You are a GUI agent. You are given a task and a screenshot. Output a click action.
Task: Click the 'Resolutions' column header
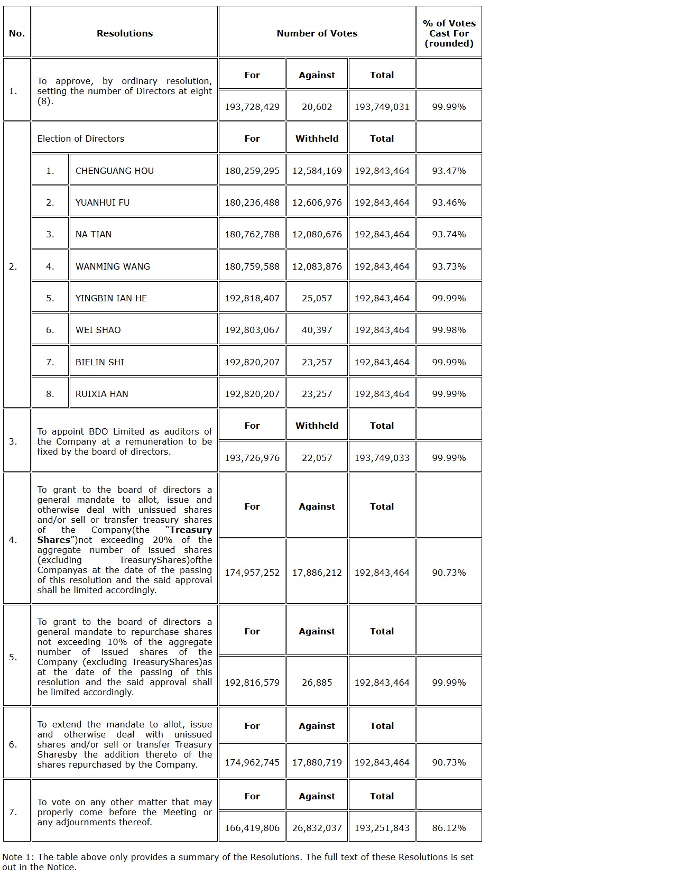tap(124, 33)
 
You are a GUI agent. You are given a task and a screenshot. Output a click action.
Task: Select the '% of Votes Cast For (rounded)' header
tap(449, 33)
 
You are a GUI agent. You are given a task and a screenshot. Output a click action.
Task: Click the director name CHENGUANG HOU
tap(114, 171)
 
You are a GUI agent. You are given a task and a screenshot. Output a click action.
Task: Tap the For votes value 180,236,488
tap(252, 202)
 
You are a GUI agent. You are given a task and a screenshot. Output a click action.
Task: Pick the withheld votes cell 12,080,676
tap(317, 234)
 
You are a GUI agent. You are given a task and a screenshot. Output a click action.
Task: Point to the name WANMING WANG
tap(113, 266)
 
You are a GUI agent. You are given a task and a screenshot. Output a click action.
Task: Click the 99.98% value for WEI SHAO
tap(449, 330)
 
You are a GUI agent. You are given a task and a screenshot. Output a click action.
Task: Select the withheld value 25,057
tap(317, 298)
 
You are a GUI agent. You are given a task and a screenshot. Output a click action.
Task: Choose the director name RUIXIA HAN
tap(101, 394)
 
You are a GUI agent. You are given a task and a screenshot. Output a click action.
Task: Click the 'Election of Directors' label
tap(80, 139)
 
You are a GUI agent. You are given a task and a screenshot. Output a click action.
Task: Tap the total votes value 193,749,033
tap(382, 458)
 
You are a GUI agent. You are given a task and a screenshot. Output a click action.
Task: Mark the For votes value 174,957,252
tap(252, 573)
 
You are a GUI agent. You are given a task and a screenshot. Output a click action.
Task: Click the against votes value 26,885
tap(317, 683)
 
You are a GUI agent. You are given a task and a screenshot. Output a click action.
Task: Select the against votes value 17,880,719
tap(317, 762)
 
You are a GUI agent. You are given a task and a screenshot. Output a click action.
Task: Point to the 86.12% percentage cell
tap(449, 828)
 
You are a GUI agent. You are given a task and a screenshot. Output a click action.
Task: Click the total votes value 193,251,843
tap(382, 828)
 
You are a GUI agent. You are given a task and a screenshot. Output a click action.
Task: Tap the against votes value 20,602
tap(317, 107)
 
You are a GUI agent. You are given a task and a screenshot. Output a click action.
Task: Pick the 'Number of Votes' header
tap(317, 33)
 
